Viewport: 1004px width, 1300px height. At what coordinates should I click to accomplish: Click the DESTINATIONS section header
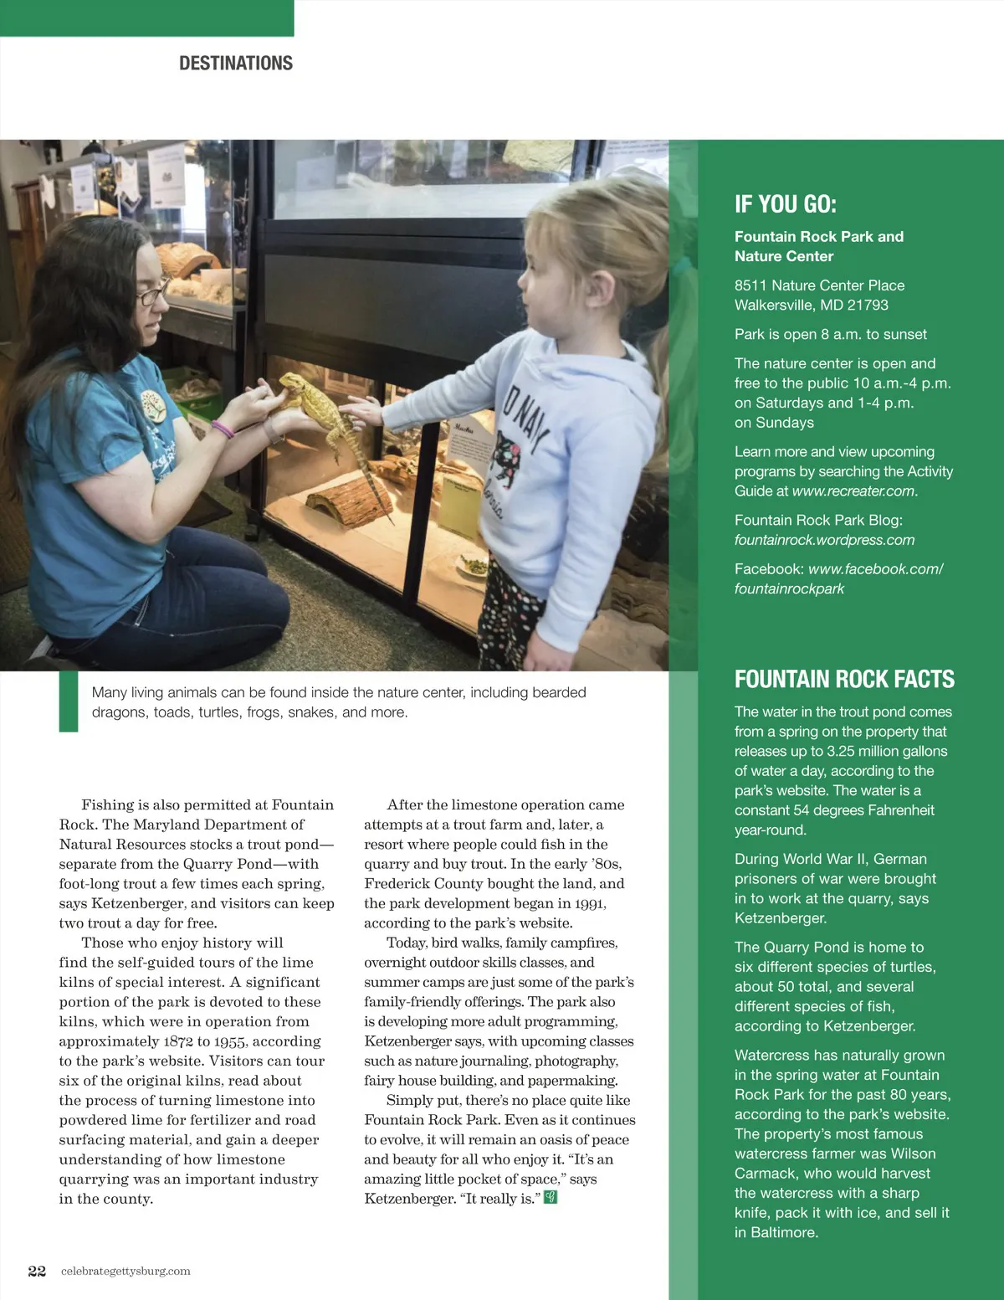(236, 64)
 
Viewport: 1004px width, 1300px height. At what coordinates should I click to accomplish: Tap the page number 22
(37, 1271)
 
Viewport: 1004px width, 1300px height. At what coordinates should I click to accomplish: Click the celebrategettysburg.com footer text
(125, 1271)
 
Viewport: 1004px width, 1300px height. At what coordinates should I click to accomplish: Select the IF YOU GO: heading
(785, 204)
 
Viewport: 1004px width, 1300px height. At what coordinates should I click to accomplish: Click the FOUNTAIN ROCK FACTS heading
(843, 679)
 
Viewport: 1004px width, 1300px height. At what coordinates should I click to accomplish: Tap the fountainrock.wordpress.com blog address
(824, 541)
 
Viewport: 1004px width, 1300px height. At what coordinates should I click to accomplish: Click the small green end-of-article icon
(550, 1198)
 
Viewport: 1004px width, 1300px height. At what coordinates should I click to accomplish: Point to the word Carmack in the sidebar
(765, 1174)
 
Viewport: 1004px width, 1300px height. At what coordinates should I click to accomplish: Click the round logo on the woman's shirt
(151, 403)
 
